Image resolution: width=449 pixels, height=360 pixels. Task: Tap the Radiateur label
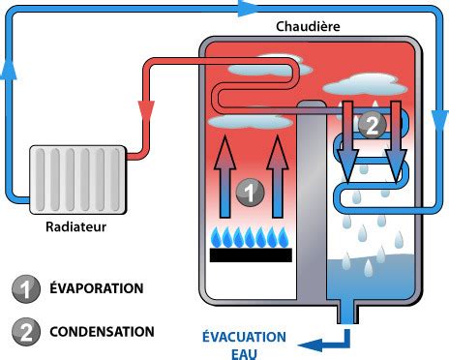point(75,228)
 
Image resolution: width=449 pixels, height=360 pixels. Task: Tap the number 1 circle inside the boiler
point(249,192)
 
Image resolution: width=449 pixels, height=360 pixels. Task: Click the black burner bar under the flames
point(250,257)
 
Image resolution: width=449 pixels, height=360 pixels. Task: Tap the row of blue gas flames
point(250,236)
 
